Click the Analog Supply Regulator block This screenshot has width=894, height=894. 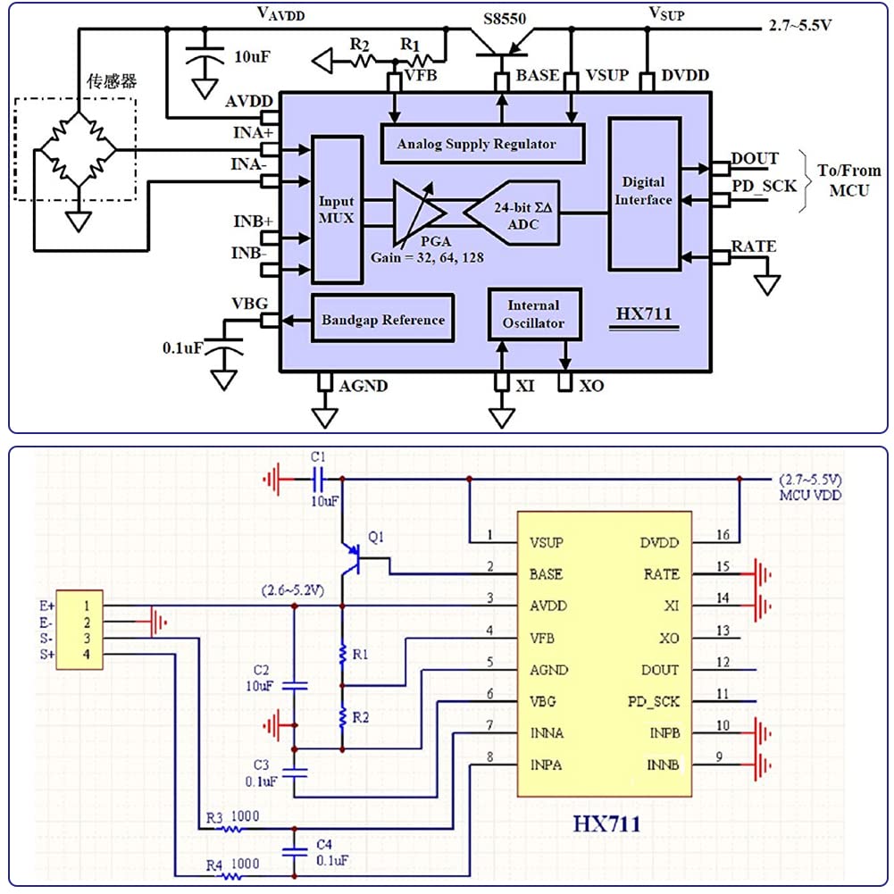(x=482, y=144)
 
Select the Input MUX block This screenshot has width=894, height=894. (x=337, y=210)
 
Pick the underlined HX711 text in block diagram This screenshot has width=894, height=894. (x=643, y=314)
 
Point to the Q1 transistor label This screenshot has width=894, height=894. (x=375, y=538)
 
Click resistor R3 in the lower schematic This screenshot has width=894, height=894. (x=232, y=827)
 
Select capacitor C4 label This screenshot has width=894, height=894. (x=325, y=843)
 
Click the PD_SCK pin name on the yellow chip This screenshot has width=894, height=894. (x=650, y=702)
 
